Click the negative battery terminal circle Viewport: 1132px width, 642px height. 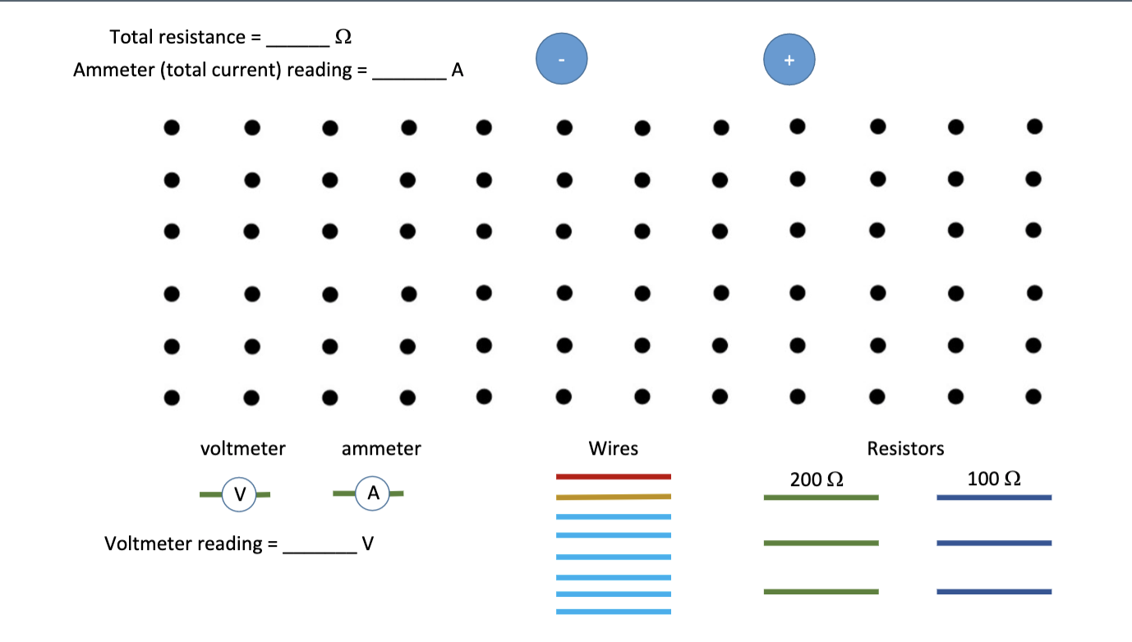coord(561,58)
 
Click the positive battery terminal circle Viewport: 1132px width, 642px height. coord(789,60)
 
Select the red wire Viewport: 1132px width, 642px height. coord(614,476)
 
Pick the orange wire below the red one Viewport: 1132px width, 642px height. coord(614,497)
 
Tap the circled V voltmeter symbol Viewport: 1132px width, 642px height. coord(239,494)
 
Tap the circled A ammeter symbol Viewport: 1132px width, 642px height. coord(372,493)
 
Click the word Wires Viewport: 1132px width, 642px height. coord(613,448)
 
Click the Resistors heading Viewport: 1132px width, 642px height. coord(905,448)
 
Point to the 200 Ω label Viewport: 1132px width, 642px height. coord(817,479)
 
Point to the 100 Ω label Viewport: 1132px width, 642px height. coord(994,479)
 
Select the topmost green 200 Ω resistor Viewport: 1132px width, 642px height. coord(821,498)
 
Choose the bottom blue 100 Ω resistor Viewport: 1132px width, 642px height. coord(994,591)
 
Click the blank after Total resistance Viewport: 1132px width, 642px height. coord(297,45)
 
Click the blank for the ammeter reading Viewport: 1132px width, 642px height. coord(409,78)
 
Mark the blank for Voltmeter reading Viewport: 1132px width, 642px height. coord(320,552)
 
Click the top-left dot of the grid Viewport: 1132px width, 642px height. coord(172,127)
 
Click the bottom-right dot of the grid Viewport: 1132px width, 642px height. coord(1033,397)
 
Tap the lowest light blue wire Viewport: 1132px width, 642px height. coord(614,612)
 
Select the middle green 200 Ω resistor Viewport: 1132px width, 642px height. coord(821,543)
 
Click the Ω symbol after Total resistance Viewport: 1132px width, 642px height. coord(343,37)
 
